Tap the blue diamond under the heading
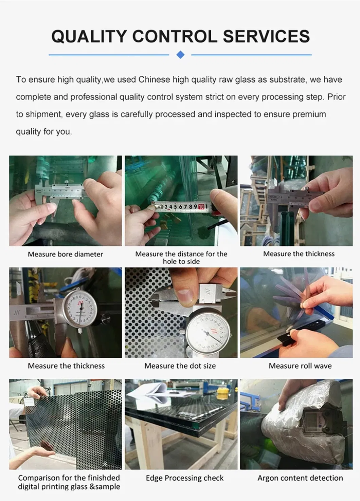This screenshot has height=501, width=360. click(x=181, y=54)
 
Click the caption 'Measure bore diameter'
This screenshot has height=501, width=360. click(x=65, y=254)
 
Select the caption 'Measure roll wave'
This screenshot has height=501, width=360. click(x=300, y=366)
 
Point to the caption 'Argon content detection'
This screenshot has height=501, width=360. click(x=300, y=478)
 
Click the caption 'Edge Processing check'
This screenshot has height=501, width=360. click(x=184, y=478)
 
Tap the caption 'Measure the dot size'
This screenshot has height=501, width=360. click(x=180, y=366)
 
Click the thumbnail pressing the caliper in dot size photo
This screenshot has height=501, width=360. click(x=185, y=296)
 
